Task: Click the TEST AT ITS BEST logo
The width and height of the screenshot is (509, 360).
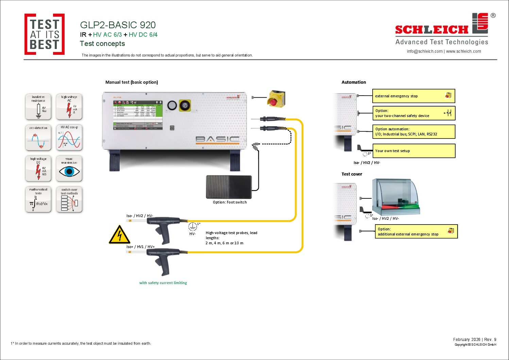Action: click(45, 34)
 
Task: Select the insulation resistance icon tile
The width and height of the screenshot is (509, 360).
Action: click(38, 107)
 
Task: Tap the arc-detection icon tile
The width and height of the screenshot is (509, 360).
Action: click(38, 138)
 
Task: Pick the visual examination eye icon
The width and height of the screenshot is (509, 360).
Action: click(69, 169)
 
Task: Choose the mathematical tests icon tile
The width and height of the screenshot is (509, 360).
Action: click(38, 200)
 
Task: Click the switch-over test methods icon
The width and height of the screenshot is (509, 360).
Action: click(69, 200)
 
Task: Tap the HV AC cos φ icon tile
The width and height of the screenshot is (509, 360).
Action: click(69, 138)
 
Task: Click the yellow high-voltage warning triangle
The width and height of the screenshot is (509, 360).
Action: click(119, 235)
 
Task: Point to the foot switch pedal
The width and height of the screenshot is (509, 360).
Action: click(229, 187)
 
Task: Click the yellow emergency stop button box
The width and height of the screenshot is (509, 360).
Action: click(276, 99)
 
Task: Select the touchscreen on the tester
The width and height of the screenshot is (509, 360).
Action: click(138, 115)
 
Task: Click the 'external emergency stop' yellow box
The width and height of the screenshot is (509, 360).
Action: click(413, 96)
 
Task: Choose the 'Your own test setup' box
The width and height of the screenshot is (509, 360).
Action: click(413, 151)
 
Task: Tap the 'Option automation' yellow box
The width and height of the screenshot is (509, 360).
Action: click(413, 131)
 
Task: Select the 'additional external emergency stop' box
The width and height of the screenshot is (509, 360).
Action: click(416, 231)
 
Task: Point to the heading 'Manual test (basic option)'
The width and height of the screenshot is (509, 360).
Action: click(132, 82)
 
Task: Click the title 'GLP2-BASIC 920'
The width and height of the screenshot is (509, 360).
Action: click(118, 25)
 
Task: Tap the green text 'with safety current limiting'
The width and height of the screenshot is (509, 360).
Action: click(163, 283)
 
